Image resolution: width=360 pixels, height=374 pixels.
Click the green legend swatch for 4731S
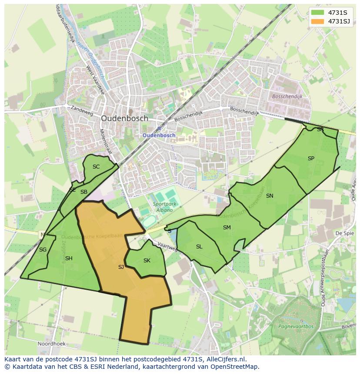[x=318, y=13]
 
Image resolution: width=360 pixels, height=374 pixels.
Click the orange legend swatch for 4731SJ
[x=318, y=21]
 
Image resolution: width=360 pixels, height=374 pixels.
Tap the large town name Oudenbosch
[x=124, y=118]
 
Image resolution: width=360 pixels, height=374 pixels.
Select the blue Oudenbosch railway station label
[x=159, y=135]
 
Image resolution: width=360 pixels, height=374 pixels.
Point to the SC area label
[x=96, y=167]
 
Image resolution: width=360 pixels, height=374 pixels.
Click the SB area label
[x=84, y=192]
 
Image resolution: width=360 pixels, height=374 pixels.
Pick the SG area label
[x=43, y=250]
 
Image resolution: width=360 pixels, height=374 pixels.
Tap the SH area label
[x=69, y=258]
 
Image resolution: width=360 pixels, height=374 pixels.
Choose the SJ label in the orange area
[x=121, y=267]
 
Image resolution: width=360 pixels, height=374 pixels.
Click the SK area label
[x=147, y=261]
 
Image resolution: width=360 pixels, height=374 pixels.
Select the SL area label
[x=199, y=247]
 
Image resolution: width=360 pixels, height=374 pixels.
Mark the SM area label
[x=227, y=228]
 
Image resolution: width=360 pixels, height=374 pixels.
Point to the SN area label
[x=270, y=196]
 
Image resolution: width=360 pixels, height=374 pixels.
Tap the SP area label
[x=311, y=159]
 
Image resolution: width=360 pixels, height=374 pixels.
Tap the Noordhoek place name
[x=51, y=343]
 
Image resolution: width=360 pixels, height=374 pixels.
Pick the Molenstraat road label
[x=106, y=142]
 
